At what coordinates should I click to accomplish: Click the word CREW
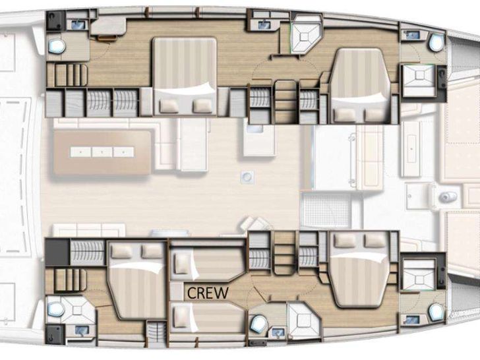pyautogui.click(x=208, y=293)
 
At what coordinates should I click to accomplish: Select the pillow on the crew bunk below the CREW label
pyautogui.click(x=181, y=317)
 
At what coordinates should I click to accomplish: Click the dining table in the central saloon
pyautogui.click(x=102, y=152)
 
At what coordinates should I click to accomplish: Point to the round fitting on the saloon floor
pyautogui.click(x=247, y=177)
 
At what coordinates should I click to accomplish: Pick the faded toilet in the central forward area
pyautogui.click(x=446, y=196)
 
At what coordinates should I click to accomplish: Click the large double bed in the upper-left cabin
pyautogui.click(x=185, y=76)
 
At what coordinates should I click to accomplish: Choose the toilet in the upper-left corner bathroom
pyautogui.click(x=57, y=46)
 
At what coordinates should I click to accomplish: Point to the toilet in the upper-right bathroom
pyautogui.click(x=436, y=43)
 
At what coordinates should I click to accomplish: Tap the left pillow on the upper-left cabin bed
pyautogui.click(x=169, y=106)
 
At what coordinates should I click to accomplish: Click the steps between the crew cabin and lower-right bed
pyautogui.click(x=285, y=253)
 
